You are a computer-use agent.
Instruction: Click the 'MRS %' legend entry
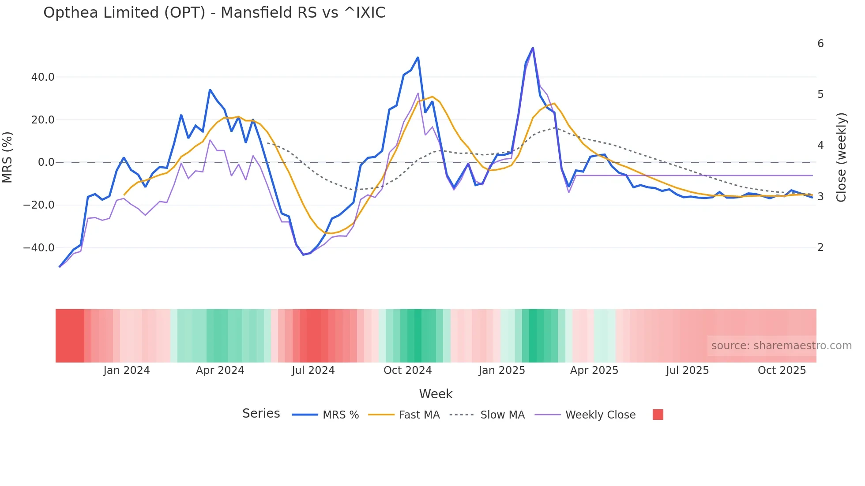point(340,415)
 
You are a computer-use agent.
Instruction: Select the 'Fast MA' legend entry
point(419,415)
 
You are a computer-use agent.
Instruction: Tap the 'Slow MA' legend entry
point(502,415)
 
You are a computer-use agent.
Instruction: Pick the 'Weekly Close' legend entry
point(600,415)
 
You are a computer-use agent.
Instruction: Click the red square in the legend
point(658,415)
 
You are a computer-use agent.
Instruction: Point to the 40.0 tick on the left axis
point(43,77)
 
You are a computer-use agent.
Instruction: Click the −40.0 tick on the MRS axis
point(39,247)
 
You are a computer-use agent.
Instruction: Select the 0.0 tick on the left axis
point(46,162)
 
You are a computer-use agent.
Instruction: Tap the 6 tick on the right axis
point(820,44)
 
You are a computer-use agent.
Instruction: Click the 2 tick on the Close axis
point(820,247)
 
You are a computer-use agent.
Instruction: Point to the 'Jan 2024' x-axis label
point(127,370)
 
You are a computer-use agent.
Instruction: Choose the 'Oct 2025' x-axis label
point(782,370)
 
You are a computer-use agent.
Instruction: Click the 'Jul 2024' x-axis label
point(313,370)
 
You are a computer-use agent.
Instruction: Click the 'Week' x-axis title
point(436,394)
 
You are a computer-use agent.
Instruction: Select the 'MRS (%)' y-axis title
point(8,157)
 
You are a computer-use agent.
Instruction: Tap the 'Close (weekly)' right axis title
point(841,157)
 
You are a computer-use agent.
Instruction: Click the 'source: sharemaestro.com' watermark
point(781,346)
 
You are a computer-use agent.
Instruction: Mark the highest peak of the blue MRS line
point(533,48)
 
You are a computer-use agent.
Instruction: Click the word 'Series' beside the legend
point(261,414)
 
